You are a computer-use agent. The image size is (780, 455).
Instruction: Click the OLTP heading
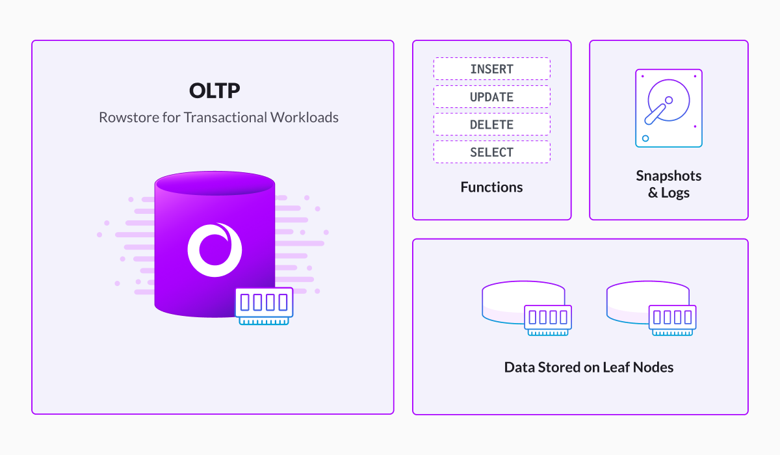[x=214, y=90]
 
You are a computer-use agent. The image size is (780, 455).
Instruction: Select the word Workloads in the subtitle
[x=304, y=117]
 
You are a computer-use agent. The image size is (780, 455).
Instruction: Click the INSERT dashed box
[x=491, y=69]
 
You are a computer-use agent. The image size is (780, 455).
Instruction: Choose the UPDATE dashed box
[x=491, y=97]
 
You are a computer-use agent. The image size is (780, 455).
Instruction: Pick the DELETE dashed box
[x=491, y=124]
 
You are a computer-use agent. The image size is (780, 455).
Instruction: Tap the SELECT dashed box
[x=491, y=152]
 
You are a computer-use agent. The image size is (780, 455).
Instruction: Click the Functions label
[x=491, y=187]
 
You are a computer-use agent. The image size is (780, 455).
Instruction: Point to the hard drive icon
[x=669, y=109]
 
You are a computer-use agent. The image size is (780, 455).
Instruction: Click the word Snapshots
[x=669, y=176]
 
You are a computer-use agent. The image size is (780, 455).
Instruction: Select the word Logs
[x=675, y=193]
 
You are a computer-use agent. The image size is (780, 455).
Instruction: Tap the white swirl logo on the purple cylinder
[x=215, y=249]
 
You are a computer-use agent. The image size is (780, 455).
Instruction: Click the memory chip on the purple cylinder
[x=265, y=306]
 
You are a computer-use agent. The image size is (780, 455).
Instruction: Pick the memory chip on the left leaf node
[x=548, y=320]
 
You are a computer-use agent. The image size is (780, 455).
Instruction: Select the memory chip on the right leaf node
[x=672, y=320]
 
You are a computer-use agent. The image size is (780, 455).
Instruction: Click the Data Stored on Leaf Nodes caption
[x=588, y=368]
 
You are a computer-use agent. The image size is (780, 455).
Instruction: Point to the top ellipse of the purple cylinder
[x=215, y=183]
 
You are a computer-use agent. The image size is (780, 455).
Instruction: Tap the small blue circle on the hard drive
[x=645, y=138]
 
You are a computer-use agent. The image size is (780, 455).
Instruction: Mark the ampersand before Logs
[x=653, y=192]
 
